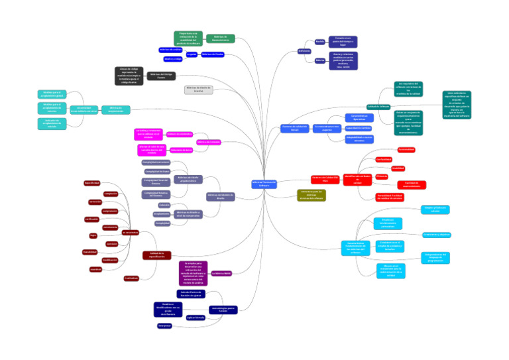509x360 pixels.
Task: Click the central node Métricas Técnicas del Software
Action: tap(264, 184)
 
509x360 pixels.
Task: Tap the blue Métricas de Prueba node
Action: tap(212, 54)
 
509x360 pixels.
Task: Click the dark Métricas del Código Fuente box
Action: tap(161, 76)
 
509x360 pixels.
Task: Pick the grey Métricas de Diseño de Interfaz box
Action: tap(198, 90)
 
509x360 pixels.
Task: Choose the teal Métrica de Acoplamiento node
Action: tap(116, 109)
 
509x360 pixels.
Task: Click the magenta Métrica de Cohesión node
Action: tap(208, 142)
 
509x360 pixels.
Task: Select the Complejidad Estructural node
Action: tap(156, 162)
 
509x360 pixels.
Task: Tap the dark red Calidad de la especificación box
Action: tap(157, 255)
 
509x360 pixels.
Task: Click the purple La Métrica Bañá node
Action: tap(221, 273)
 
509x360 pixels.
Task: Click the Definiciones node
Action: tap(304, 50)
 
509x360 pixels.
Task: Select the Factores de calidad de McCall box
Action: tap(295, 128)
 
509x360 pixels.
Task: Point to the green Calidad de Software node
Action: tap(378, 106)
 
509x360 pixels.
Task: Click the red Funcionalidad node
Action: tap(406, 150)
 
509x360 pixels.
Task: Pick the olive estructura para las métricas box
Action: tap(311, 195)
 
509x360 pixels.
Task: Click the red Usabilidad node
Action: tap(398, 168)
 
